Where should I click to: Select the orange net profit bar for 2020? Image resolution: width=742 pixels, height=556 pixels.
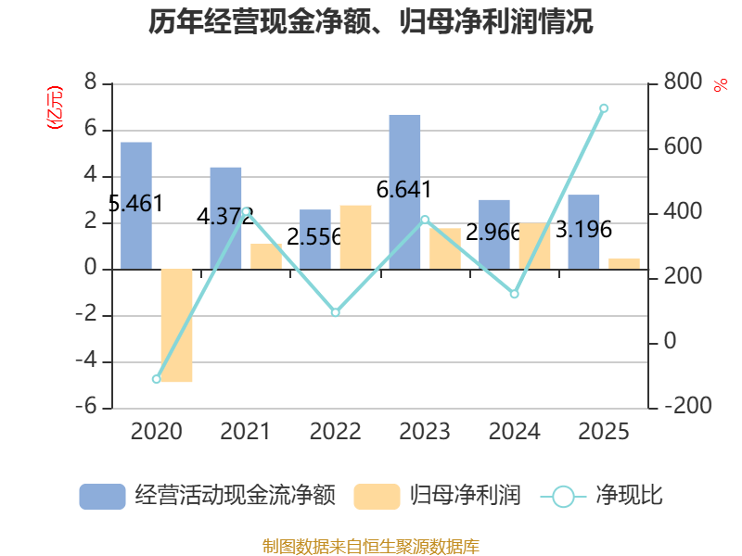176,325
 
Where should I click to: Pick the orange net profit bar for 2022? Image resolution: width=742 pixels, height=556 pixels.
355,237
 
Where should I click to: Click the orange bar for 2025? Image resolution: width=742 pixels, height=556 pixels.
624,263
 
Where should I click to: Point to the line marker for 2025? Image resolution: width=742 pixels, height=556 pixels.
604,108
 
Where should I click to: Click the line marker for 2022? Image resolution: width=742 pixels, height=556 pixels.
336,312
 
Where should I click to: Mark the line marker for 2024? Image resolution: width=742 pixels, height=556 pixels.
515,294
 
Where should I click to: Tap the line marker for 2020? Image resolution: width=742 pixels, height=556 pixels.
156,379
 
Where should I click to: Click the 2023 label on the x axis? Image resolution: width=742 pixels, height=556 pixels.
425,432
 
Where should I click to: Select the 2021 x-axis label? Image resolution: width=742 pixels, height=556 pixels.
246,432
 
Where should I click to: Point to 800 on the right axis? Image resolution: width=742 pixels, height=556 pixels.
683,83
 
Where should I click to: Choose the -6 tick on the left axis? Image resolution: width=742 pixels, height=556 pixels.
90,408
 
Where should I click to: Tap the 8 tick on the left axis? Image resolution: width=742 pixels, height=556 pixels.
91,83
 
